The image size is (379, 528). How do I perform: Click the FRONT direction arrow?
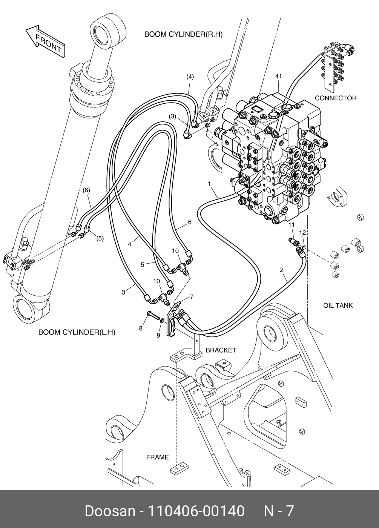click(46, 41)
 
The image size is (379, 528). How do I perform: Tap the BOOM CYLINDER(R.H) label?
click(183, 34)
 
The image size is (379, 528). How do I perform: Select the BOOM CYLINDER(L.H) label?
click(77, 332)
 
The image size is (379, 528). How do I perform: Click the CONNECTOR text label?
click(336, 98)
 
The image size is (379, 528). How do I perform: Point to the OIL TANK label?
click(338, 305)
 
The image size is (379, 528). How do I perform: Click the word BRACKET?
click(221, 350)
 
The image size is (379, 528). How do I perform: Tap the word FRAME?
click(158, 457)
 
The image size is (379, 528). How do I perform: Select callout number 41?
click(278, 76)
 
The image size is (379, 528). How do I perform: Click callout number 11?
click(292, 225)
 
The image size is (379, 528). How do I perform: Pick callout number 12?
click(302, 233)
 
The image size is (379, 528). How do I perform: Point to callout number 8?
click(141, 328)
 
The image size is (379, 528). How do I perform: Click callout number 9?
click(158, 335)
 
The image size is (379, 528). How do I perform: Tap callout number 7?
click(192, 297)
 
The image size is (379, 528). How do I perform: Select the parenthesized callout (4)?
click(190, 77)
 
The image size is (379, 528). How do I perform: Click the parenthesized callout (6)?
click(86, 190)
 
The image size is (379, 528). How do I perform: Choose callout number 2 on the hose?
click(282, 270)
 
